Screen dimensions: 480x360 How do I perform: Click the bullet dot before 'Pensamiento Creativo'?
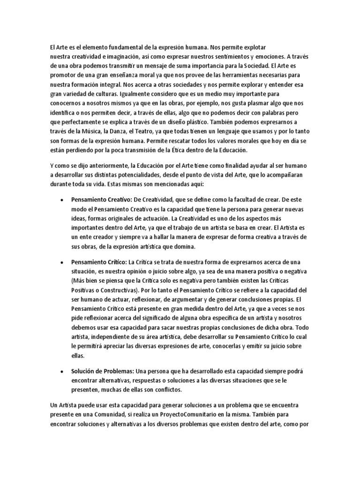pyautogui.click(x=62, y=199)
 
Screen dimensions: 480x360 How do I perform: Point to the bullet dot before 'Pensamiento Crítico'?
pyautogui.click(x=62, y=262)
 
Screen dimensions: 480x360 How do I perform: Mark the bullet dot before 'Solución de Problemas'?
pyautogui.click(x=62, y=372)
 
